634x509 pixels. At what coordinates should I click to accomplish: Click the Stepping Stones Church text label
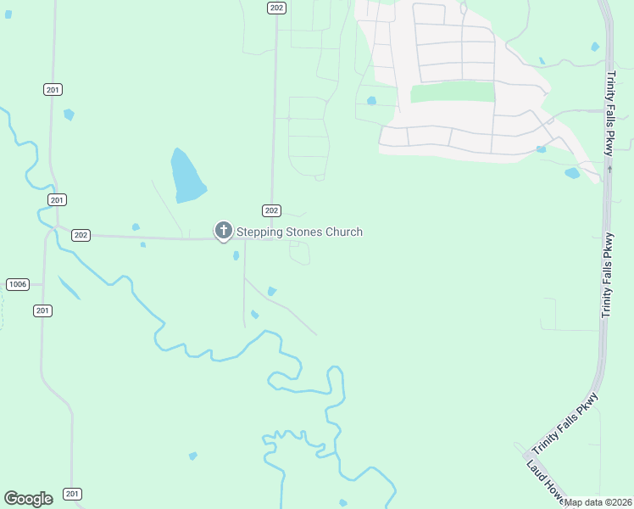pos(299,232)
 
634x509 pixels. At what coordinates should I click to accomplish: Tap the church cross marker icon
pos(224,230)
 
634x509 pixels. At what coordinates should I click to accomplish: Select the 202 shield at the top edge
pos(275,7)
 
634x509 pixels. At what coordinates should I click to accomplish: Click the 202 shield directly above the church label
pos(271,210)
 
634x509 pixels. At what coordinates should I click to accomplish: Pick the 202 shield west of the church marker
pos(81,235)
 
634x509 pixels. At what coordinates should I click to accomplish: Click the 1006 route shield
pos(17,283)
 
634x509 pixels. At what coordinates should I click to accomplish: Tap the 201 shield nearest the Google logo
pos(73,494)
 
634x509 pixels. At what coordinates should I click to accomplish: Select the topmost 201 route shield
pos(53,89)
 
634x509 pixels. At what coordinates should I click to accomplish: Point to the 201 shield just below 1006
pos(43,310)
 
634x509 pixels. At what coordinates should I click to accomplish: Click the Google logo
pos(28,499)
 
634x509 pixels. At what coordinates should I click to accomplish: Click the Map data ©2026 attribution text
pos(598,502)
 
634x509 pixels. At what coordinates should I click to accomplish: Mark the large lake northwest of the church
pos(187,176)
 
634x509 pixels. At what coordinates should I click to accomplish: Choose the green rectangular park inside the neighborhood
pos(452,92)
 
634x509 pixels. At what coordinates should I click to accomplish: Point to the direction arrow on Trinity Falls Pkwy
pos(609,169)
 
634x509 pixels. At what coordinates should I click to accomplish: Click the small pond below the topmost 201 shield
pos(69,114)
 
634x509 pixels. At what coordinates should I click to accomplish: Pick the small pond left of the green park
pos(371,100)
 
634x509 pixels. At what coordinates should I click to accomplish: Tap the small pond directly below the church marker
pos(236,255)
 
